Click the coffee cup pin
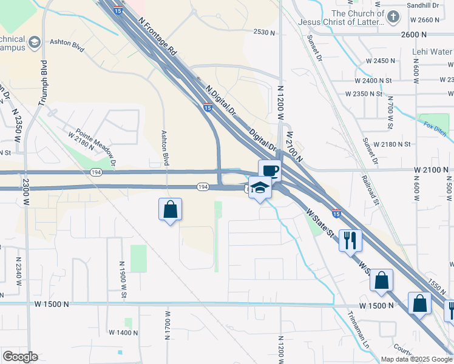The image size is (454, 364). coord(269,170)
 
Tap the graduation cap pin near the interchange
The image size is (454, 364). coord(260,187)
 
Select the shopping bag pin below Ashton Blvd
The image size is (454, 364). coord(170,210)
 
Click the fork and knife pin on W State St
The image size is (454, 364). coord(350,240)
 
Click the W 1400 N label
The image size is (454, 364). coord(123,332)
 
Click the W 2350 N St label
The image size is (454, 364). coord(364,94)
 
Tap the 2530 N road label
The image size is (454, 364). coord(265,32)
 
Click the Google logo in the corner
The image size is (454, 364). coord(20,357)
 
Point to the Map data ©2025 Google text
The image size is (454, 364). coord(417,359)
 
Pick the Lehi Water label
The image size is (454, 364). coord(433,52)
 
